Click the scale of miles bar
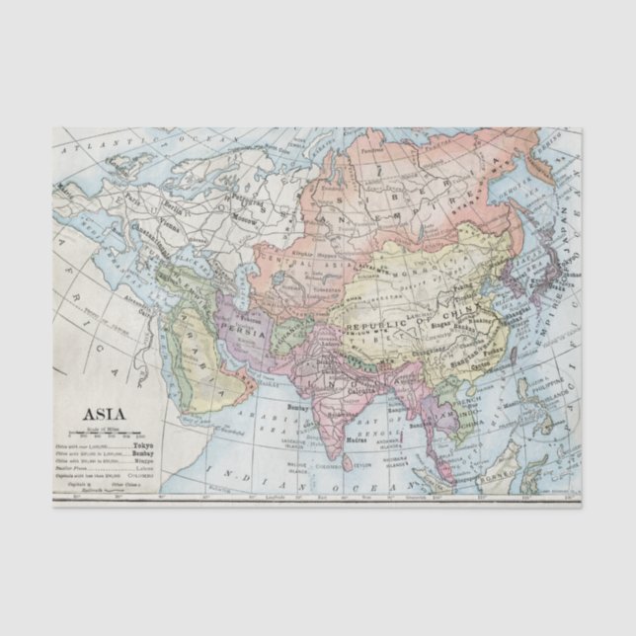point(103,434)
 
